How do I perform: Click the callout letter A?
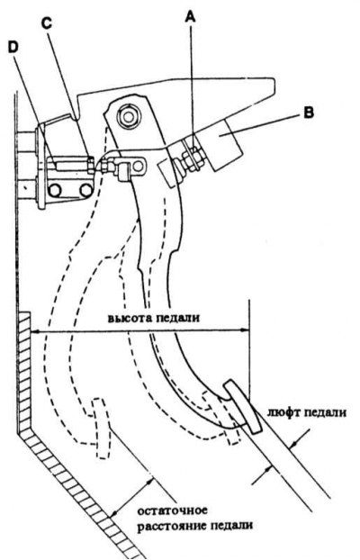pyautogui.click(x=191, y=17)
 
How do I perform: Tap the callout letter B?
pyautogui.click(x=308, y=113)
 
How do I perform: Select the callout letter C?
pyautogui.click(x=47, y=23)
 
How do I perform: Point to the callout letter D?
pyautogui.click(x=13, y=48)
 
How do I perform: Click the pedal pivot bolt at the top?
pyautogui.click(x=128, y=116)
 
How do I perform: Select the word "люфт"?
pyautogui.click(x=283, y=413)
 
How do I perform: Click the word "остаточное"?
pyautogui.click(x=173, y=510)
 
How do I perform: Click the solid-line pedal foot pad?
pyautogui.click(x=243, y=407)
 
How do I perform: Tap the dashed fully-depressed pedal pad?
pyautogui.click(x=100, y=429)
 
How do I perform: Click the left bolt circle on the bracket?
pyautogui.click(x=55, y=191)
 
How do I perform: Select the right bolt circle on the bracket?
pyautogui.click(x=86, y=190)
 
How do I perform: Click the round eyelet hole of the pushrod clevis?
pyautogui.click(x=139, y=166)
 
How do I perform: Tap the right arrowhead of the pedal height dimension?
pyautogui.click(x=245, y=330)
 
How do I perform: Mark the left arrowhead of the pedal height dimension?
pyautogui.click(x=36, y=331)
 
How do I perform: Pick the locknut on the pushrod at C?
pyautogui.click(x=91, y=165)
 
